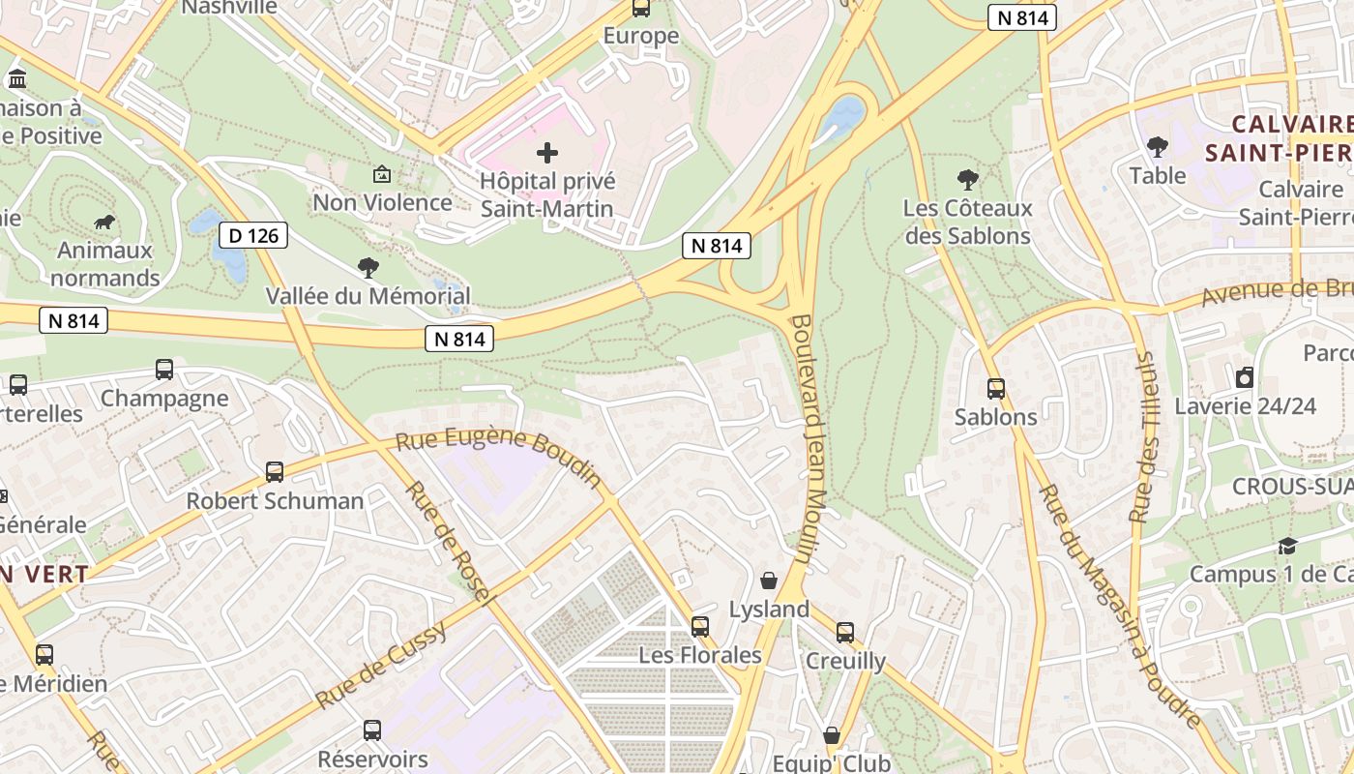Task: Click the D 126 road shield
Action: [x=253, y=235]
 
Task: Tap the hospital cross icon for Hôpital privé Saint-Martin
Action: [x=547, y=152]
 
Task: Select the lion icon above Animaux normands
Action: [x=104, y=223]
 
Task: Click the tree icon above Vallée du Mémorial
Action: [x=368, y=267]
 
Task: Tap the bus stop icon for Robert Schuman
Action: [x=275, y=472]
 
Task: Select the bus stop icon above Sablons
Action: [x=996, y=389]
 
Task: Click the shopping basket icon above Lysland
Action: [x=769, y=580]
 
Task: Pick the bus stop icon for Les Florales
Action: [x=700, y=627]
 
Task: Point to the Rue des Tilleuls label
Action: [x=1144, y=436]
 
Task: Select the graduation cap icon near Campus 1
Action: [x=1287, y=547]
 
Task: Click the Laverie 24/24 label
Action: [x=1245, y=405]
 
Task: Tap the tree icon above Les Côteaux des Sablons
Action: [x=967, y=179]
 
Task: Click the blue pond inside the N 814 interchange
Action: [x=842, y=115]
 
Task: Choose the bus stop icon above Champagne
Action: [x=164, y=370]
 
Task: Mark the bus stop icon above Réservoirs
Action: [x=372, y=730]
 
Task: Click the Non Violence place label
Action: [x=382, y=202]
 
